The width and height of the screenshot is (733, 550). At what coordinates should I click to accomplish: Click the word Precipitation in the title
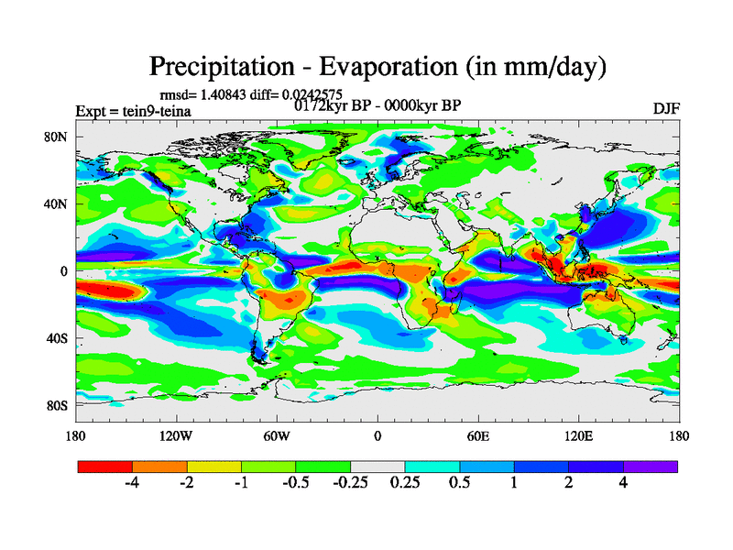216,67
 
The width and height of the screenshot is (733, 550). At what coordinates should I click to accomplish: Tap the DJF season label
665,108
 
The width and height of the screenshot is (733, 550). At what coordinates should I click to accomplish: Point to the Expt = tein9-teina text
133,111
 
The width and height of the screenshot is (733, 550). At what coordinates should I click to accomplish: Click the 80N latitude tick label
56,137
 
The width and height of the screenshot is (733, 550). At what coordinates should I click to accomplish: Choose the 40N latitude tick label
56,203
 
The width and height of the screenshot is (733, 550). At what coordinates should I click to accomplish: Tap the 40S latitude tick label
57,338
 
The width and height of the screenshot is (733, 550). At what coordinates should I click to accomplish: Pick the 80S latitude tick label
57,405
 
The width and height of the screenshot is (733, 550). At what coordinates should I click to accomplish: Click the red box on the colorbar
105,467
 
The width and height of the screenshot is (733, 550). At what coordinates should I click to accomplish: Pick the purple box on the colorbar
651,467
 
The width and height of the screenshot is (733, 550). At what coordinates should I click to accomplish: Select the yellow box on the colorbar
214,467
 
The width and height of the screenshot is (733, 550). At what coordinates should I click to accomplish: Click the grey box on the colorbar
377,467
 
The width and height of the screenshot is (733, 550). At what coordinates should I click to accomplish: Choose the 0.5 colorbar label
460,485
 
